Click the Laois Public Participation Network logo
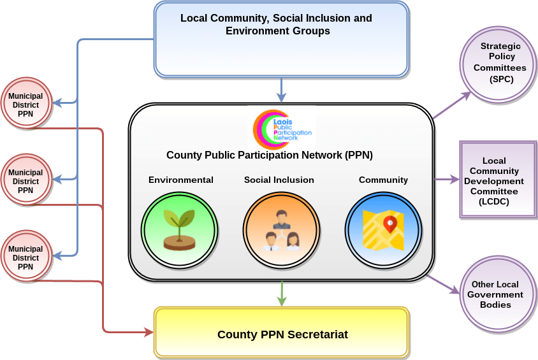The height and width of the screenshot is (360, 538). pos(282,129)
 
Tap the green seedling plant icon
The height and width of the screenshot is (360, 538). pos(179,229)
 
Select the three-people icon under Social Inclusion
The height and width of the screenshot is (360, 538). pos(282,231)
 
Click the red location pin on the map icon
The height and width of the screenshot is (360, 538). pos(390,224)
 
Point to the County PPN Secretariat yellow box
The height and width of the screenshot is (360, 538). pos(282,333)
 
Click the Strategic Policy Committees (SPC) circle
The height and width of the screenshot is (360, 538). pos(498,64)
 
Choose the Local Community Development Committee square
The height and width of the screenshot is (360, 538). pos(498,179)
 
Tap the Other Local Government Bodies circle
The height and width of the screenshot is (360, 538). pos(498,294)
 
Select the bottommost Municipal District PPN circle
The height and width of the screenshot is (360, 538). pos(26,256)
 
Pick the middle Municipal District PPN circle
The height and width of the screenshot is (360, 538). pos(26,179)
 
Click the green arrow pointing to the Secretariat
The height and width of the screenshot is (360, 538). pos(282,294)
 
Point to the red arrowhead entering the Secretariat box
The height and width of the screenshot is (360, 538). pos(149,332)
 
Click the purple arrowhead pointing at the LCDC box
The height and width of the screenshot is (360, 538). pos(454,179)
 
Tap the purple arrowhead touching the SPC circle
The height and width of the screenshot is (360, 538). pos(467,96)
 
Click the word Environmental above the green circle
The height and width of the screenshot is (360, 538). pos(181,180)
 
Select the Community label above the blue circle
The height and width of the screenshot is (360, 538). pos(383,180)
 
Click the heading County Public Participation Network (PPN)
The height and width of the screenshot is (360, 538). pos(270,155)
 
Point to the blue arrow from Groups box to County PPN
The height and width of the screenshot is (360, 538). pos(281,90)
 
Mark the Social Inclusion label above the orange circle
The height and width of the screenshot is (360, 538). pos(279,180)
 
